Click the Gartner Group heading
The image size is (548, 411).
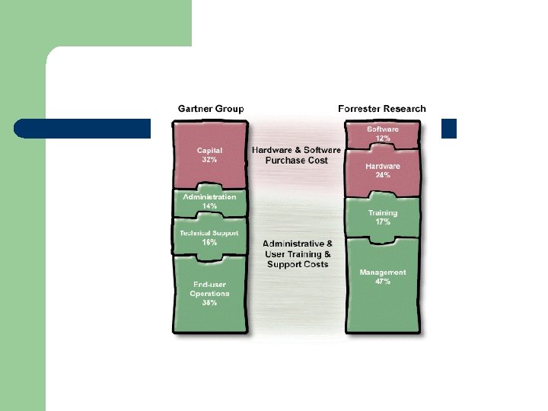pyautogui.click(x=211, y=109)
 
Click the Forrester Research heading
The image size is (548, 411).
pyautogui.click(x=381, y=109)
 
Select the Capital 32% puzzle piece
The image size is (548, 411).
pyautogui.click(x=210, y=155)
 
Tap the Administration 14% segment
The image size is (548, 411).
pyautogui.click(x=210, y=201)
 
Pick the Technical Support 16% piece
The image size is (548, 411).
pyautogui.click(x=209, y=237)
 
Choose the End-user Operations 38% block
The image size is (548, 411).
pyautogui.click(x=210, y=294)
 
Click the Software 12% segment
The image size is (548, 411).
pyautogui.click(x=383, y=134)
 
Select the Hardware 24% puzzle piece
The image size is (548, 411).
pyautogui.click(x=383, y=170)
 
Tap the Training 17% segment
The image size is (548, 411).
pyautogui.click(x=383, y=217)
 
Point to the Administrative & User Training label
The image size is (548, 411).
pyautogui.click(x=298, y=253)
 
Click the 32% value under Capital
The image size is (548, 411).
pyautogui.click(x=210, y=161)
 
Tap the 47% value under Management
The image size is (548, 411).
pyautogui.click(x=383, y=282)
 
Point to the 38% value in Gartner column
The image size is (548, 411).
pyautogui.click(x=210, y=303)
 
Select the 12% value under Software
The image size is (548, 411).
pyautogui.click(x=383, y=139)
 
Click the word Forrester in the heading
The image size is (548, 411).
pyautogui.click(x=358, y=109)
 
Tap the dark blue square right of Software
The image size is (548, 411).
pyautogui.click(x=449, y=129)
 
